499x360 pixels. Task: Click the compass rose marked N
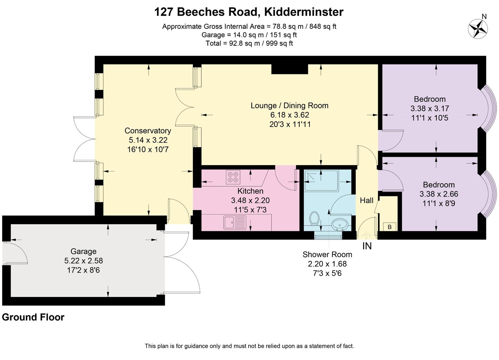[x=478, y=29]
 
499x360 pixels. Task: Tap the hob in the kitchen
[x=233, y=177]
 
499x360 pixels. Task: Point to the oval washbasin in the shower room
[x=340, y=224]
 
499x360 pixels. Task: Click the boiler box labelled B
[x=389, y=227]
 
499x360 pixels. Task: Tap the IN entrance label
[x=367, y=246]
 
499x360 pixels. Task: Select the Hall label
[x=366, y=200]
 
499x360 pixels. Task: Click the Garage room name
[x=83, y=251]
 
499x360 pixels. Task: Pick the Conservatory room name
[x=148, y=131]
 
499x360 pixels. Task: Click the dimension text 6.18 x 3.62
[x=289, y=115]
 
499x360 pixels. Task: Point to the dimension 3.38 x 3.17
[x=430, y=108]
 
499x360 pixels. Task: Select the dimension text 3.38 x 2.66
[x=439, y=194]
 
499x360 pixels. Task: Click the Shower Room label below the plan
[x=327, y=254]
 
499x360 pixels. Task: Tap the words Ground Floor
[x=33, y=317]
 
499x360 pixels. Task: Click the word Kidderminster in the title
[x=303, y=12]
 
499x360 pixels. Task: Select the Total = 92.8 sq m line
[x=249, y=43]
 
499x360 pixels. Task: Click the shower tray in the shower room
[x=321, y=180]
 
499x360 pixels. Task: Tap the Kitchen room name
[x=250, y=191]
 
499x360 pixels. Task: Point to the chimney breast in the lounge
[x=289, y=69]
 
